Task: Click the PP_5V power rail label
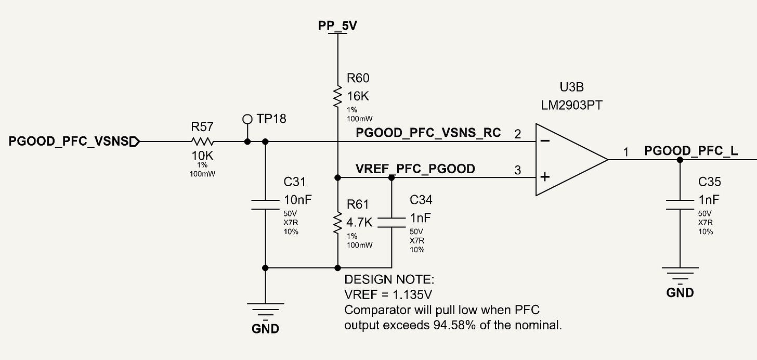(x=337, y=25)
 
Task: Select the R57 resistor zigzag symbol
(x=202, y=142)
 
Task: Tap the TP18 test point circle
(x=247, y=119)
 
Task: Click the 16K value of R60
(x=358, y=96)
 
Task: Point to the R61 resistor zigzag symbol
(x=337, y=223)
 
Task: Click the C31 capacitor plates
(x=265, y=205)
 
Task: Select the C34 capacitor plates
(x=391, y=223)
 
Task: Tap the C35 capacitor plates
(x=680, y=205)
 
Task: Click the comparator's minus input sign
(x=545, y=140)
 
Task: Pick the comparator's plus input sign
(x=545, y=177)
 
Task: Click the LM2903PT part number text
(x=571, y=106)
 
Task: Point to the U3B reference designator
(x=571, y=87)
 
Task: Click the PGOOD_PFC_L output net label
(x=691, y=151)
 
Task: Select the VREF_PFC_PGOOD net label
(x=415, y=169)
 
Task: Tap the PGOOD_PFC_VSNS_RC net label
(x=428, y=133)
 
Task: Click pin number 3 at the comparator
(x=517, y=170)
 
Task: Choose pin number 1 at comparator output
(x=626, y=152)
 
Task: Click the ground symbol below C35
(x=680, y=276)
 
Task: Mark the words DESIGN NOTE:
(x=389, y=279)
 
